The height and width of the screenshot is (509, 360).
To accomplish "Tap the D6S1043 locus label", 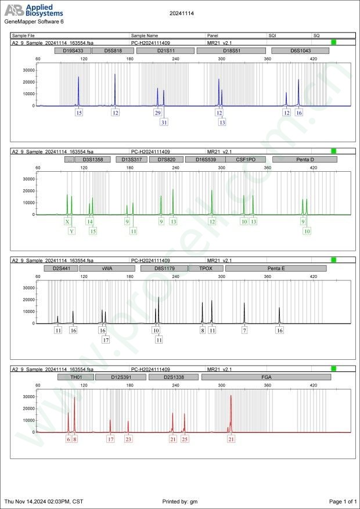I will [301, 50].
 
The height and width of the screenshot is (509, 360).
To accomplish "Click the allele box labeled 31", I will [164, 122].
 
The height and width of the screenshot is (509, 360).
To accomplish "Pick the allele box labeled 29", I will [157, 113].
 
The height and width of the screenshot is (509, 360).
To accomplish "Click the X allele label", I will [67, 222].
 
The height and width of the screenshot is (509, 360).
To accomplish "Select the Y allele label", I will [71, 231].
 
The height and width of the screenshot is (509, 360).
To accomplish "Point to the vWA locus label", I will [106, 268].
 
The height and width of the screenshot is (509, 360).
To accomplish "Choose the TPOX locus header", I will [206, 268].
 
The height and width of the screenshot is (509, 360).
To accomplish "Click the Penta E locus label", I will [276, 268].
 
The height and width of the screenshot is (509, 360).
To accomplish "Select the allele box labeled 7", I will [244, 330].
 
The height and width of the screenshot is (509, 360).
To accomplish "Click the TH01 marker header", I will [75, 377].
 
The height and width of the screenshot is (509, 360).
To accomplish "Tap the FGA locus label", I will [266, 377].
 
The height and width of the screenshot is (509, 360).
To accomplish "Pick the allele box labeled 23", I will [128, 439].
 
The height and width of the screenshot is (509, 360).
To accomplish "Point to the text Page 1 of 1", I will [343, 501].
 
